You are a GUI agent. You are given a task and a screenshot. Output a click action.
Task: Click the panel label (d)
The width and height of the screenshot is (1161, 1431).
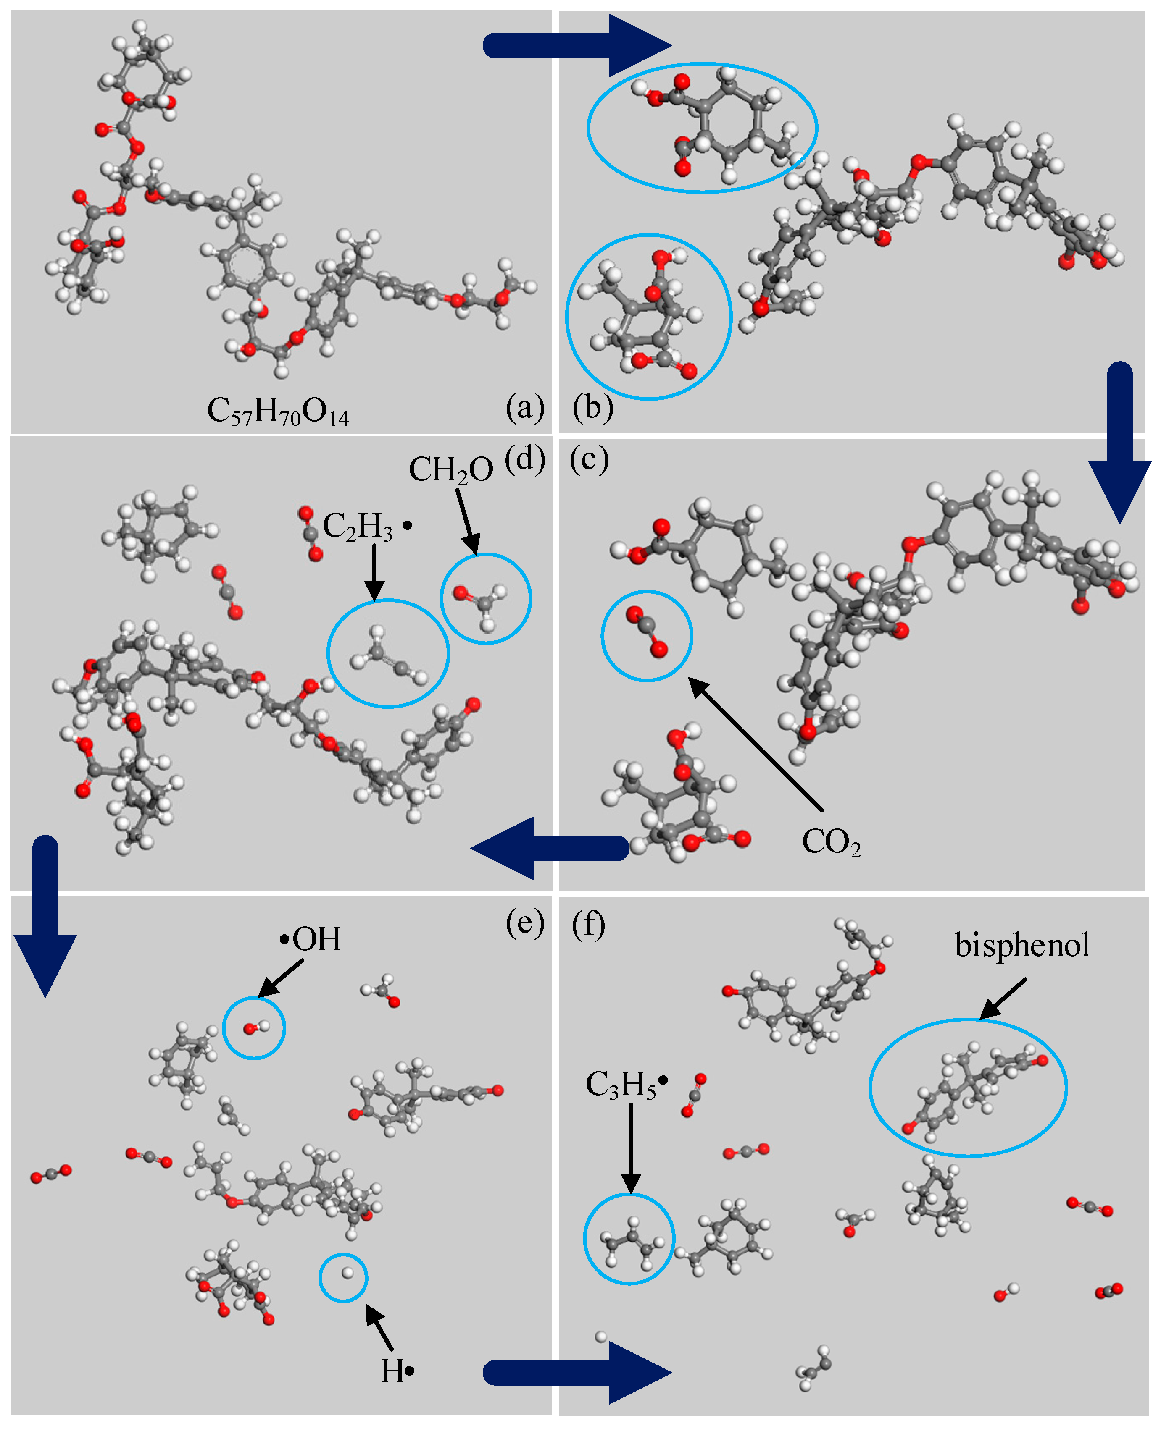pyautogui.click(x=525, y=459)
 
